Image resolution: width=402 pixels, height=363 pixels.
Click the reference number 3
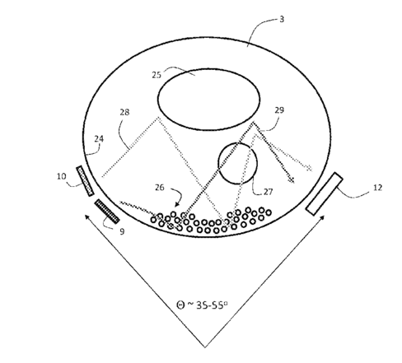click(282, 19)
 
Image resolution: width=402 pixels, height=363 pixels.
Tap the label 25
click(157, 75)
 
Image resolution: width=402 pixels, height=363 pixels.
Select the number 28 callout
click(124, 112)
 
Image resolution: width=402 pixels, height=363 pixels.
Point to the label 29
click(279, 110)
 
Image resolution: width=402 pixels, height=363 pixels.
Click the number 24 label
click(99, 139)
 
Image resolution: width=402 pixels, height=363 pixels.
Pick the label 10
click(62, 176)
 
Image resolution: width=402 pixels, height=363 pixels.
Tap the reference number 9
click(122, 232)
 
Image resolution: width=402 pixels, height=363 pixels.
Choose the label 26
click(160, 188)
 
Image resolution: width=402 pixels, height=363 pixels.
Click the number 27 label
click(268, 192)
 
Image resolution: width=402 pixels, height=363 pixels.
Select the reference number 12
click(377, 188)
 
